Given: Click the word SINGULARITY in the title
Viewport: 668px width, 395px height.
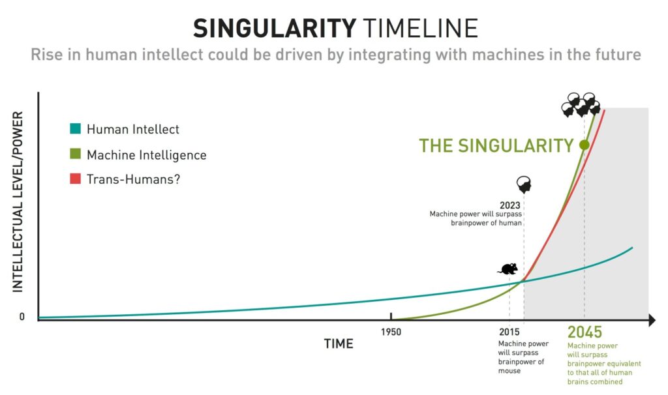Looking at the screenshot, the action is pos(275,29).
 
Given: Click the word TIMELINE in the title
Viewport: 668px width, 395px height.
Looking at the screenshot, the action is pos(421,29).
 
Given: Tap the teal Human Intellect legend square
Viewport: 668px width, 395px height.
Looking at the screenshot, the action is pos(76,128).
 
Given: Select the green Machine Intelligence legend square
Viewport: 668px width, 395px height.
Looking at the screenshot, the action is pos(76,154).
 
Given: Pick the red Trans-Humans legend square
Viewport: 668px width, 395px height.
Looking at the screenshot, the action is pos(76,179).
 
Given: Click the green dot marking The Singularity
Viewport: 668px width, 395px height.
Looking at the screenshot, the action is pos(584,145).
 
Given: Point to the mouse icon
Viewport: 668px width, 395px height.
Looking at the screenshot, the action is pos(508,269).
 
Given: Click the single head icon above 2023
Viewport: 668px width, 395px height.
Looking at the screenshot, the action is pos(524,185).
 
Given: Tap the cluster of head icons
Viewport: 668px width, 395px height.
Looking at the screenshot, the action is pos(581,105).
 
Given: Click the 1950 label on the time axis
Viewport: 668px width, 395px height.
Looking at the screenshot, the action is pos(391,332).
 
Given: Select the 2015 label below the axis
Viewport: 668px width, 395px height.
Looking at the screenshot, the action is pos(509,332).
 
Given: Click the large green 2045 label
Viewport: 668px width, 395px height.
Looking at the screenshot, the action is pos(584,332).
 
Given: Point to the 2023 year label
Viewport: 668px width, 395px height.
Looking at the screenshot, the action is pos(510,205).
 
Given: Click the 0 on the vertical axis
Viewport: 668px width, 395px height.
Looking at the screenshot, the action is pos(22,317).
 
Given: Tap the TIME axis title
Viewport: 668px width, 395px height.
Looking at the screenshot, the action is pos(339,344).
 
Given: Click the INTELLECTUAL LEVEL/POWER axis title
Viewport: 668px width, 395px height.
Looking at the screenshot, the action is pos(18,202).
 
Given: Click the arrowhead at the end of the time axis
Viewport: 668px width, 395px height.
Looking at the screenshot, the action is pos(652,319).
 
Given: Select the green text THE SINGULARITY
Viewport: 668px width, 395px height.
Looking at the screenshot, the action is pos(496,145).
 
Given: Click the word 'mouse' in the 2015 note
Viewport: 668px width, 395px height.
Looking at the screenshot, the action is pos(509,371).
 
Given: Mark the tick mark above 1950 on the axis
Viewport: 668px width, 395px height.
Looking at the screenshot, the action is pos(391,316).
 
